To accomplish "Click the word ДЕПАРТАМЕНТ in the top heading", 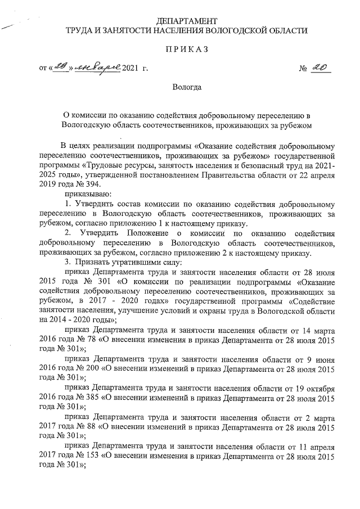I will (186, 20).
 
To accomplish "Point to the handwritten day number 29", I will (60, 68).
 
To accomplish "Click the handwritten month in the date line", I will (98, 68).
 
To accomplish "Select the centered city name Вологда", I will (186, 87).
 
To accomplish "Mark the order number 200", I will (94, 370).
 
